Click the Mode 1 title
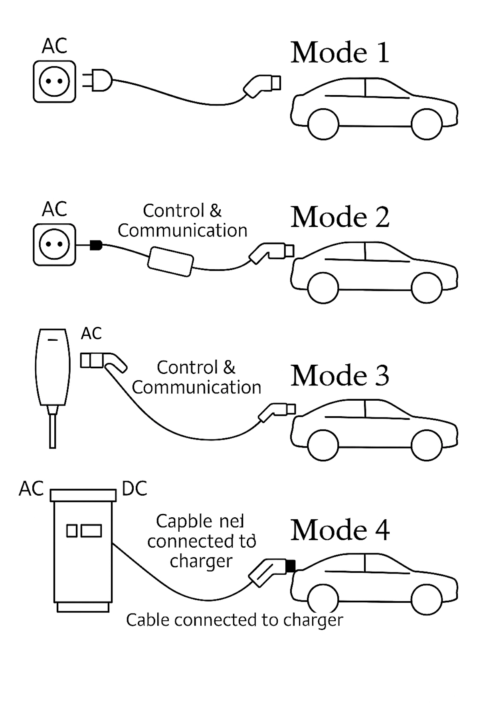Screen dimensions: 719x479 pyautogui.click(x=340, y=53)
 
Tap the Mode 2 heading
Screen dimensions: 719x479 pyautogui.click(x=340, y=217)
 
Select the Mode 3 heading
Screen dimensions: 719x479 pyautogui.click(x=340, y=376)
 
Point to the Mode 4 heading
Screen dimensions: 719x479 pyautogui.click(x=340, y=530)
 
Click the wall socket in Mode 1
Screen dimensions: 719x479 pyautogui.click(x=54, y=81)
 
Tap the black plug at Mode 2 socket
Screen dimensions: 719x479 pyautogui.click(x=96, y=245)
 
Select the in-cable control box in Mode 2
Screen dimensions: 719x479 pyautogui.click(x=171, y=261)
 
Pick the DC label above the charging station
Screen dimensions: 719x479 pyautogui.click(x=135, y=489)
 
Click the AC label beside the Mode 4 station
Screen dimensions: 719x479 pyautogui.click(x=31, y=489)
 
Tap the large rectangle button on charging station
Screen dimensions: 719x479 pyautogui.click(x=91, y=531)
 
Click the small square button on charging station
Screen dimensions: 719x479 pyautogui.click(x=72, y=531)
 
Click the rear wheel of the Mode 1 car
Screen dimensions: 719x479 pyautogui.click(x=324, y=124)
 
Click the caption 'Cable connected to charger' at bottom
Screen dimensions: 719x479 pyautogui.click(x=234, y=620)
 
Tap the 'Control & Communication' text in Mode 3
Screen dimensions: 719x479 pyautogui.click(x=196, y=377)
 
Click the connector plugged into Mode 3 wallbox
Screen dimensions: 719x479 pyautogui.click(x=103, y=361)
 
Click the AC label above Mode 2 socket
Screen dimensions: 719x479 pyautogui.click(x=54, y=209)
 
